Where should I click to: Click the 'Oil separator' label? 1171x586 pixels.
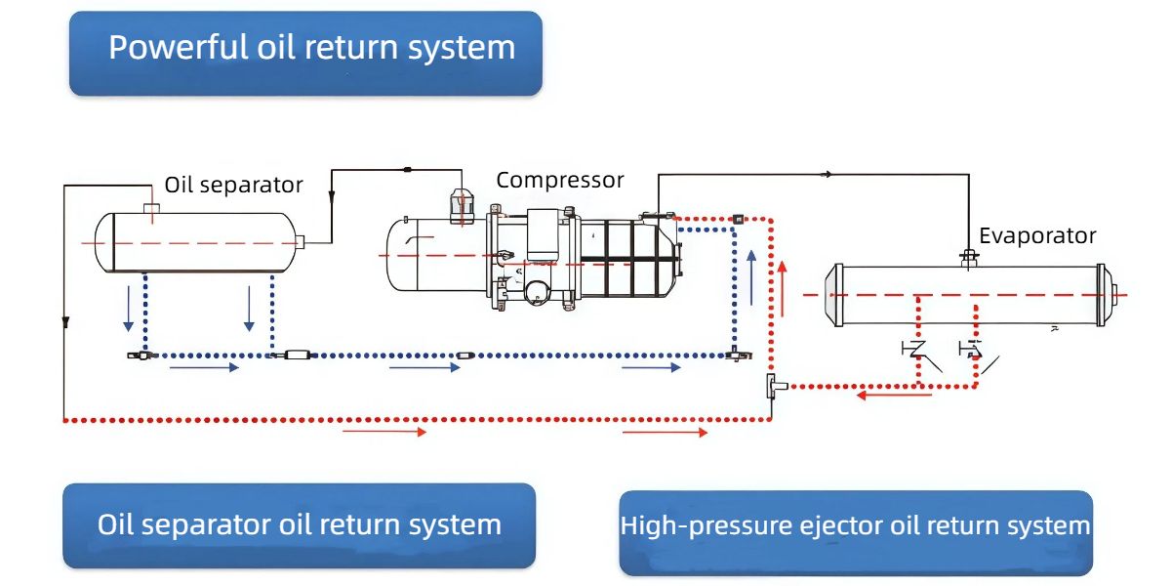pos(233,185)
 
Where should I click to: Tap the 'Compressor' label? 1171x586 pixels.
pos(559,181)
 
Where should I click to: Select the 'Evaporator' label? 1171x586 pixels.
pos(1037,235)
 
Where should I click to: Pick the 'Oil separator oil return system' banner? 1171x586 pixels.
pos(300,525)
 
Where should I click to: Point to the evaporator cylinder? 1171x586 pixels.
pos(966,295)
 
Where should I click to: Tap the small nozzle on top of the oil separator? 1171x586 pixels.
pos(151,207)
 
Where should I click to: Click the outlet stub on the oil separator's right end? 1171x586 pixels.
pos(299,242)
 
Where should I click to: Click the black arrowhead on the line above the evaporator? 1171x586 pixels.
pos(828,175)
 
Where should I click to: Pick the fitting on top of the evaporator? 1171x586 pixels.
pos(969,258)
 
